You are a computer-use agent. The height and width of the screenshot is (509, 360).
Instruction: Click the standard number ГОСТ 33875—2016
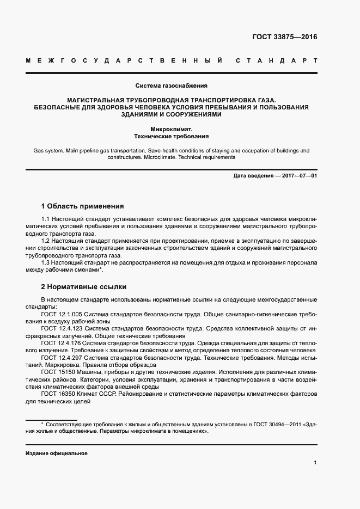click(x=284, y=38)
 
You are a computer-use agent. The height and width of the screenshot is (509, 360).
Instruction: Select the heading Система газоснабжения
click(x=171, y=85)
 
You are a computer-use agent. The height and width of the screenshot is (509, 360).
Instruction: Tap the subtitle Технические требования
click(x=171, y=137)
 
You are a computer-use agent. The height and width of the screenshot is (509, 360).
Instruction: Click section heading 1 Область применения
click(x=83, y=206)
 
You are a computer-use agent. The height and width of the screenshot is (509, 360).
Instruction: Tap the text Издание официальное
click(x=57, y=453)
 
